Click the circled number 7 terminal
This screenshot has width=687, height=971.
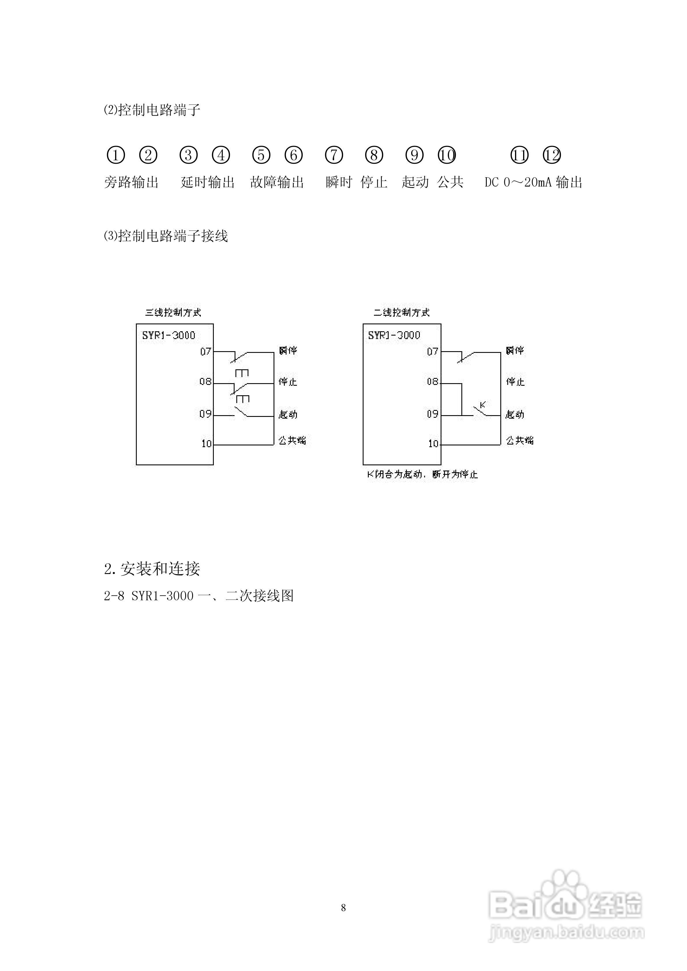[x=334, y=155]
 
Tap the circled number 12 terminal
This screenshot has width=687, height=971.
[x=552, y=155]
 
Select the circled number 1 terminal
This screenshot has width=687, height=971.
[x=116, y=155]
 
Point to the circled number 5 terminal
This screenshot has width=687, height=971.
[x=261, y=155]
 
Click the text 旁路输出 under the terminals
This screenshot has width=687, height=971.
[x=131, y=183]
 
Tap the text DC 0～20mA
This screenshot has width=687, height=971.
[x=518, y=183]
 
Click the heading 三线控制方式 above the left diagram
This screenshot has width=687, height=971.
[x=173, y=313]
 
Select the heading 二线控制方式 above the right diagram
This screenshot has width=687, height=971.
[x=401, y=313]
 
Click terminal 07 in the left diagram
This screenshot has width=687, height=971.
[x=206, y=351]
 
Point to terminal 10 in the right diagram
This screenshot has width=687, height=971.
[x=433, y=444]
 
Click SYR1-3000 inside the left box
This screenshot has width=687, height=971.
[x=169, y=335]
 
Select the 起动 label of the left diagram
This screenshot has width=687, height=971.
[x=288, y=415]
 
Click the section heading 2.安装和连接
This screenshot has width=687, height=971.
[x=152, y=569]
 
